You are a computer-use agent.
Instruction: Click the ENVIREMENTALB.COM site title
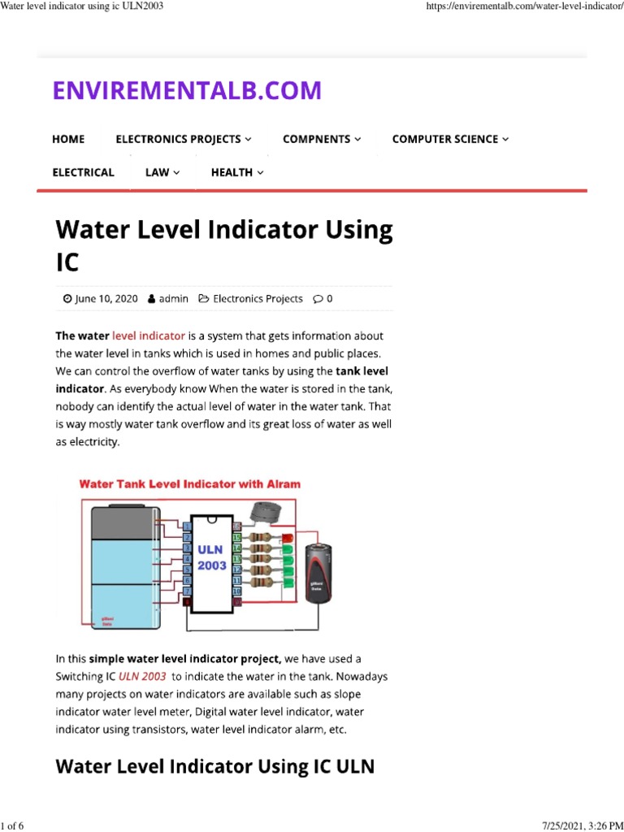point(187,90)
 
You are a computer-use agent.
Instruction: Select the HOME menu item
point(68,139)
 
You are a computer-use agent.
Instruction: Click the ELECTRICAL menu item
point(83,172)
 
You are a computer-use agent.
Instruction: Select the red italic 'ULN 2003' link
point(143,676)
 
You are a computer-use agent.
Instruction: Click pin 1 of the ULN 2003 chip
point(187,526)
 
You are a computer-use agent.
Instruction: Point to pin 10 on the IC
point(237,591)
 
